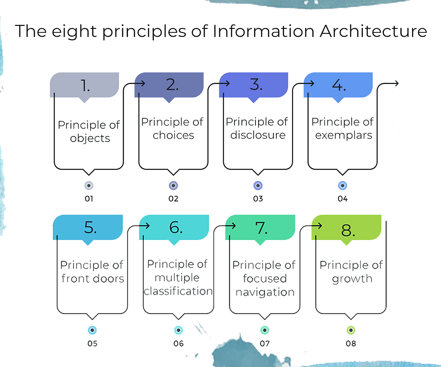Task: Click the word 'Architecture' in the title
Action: pyautogui.click(x=373, y=31)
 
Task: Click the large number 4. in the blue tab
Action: pyautogui.click(x=339, y=85)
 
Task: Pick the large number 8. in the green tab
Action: pyautogui.click(x=348, y=230)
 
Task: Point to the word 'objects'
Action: pyautogui.click(x=90, y=138)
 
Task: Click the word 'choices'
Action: pyautogui.click(x=173, y=135)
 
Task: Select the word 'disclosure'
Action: pyautogui.click(x=258, y=135)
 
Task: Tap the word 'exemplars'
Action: pyautogui.click(x=344, y=135)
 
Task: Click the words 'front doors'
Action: pyautogui.click(x=93, y=278)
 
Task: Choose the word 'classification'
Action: pyautogui.click(x=178, y=291)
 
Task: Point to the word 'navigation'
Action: pyautogui.click(x=265, y=292)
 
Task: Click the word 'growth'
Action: pyautogui.click(x=352, y=279)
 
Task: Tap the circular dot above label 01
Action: pyautogui.click(x=89, y=185)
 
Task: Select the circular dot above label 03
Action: pyautogui.click(x=258, y=185)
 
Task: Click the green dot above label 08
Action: pyautogui.click(x=351, y=330)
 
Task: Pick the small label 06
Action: pyautogui.click(x=178, y=343)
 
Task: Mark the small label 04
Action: pyautogui.click(x=342, y=199)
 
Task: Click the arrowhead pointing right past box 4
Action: pyautogui.click(x=396, y=84)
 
